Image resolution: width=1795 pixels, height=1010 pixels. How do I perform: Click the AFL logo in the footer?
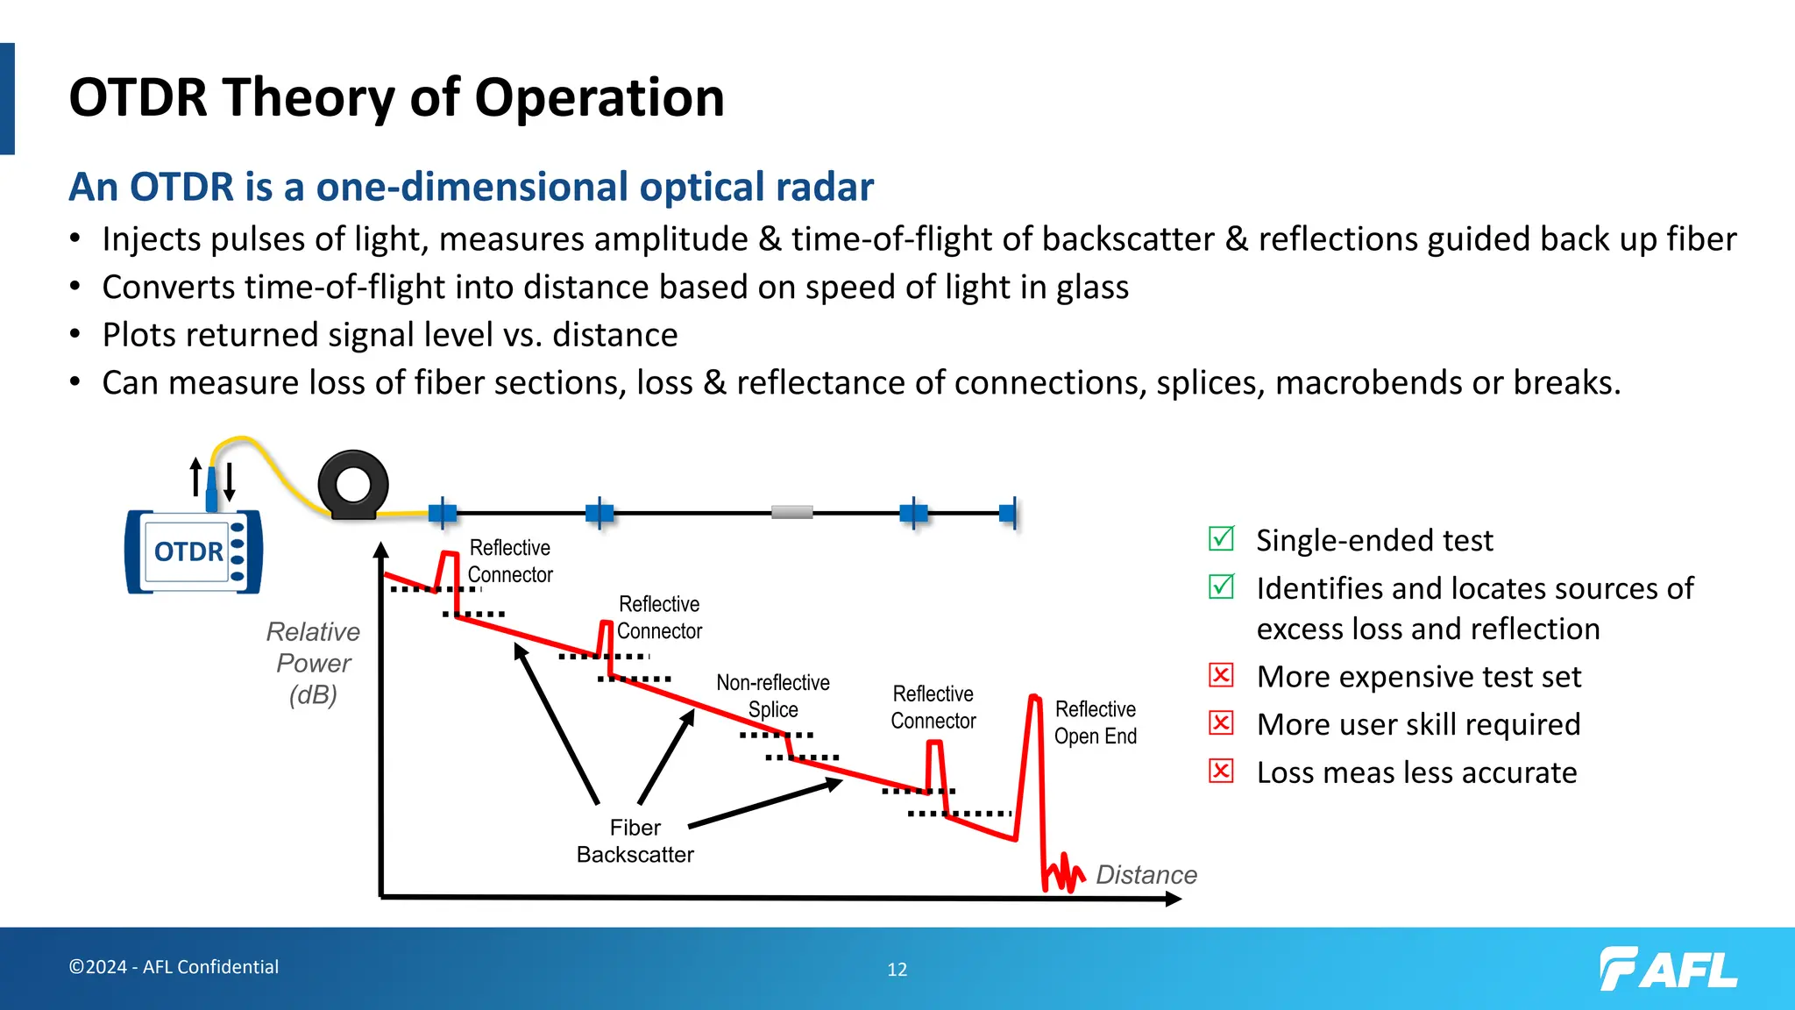[1669, 969]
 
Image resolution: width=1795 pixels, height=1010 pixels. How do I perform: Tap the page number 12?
[897, 970]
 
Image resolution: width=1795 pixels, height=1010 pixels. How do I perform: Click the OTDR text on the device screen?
[188, 551]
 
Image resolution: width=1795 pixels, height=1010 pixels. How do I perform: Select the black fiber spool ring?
[353, 485]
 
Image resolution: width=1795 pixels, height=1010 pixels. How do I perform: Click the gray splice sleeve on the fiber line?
[791, 512]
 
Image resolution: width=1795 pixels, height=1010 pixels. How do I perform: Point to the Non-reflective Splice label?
[773, 695]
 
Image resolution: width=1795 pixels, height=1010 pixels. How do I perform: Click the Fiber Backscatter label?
[635, 841]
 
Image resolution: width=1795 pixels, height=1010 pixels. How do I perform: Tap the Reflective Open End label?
[1095, 722]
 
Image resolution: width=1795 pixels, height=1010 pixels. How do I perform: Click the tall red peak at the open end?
[1034, 701]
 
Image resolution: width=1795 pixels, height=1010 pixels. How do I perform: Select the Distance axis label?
[1146, 874]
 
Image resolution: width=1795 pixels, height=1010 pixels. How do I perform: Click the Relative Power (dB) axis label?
[314, 663]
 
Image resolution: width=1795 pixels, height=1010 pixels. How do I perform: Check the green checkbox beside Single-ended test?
[1221, 538]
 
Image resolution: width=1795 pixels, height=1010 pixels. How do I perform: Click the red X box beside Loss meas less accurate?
[1221, 771]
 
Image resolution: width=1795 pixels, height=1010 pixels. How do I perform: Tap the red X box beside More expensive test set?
[1221, 675]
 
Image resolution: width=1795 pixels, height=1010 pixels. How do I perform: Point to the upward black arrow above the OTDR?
[196, 477]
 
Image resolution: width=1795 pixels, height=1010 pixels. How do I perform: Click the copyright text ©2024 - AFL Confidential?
[174, 966]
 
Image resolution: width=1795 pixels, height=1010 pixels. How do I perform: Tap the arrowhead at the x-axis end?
[1174, 899]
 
